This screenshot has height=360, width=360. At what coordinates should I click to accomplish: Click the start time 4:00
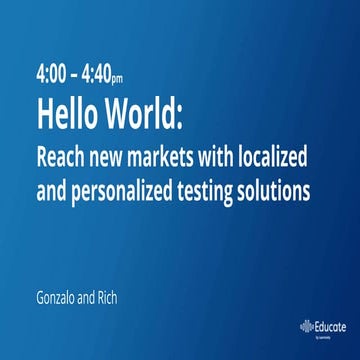click(x=51, y=75)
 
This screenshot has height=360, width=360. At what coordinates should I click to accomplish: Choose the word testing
click(x=215, y=187)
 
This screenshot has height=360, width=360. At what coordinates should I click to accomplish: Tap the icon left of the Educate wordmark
click(x=305, y=326)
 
